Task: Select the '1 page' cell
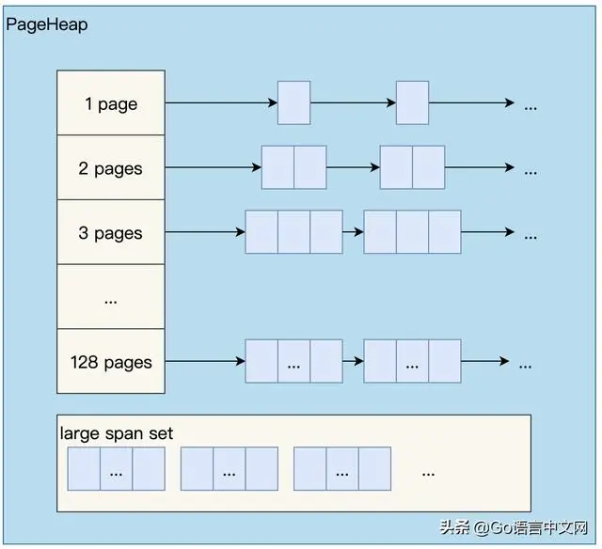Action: [x=111, y=103]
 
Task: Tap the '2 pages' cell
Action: [x=111, y=168]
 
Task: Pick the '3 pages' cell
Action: [x=111, y=233]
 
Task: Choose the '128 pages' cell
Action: [x=111, y=362]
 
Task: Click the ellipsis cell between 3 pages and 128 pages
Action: [x=111, y=298]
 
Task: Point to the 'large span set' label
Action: [x=117, y=433]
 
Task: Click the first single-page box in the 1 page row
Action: [x=293, y=103]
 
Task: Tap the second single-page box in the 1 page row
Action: [x=412, y=103]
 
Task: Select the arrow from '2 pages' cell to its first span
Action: [x=213, y=168]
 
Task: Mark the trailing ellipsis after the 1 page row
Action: [x=531, y=104]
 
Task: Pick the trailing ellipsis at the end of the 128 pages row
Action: [x=525, y=363]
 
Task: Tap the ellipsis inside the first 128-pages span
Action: [x=293, y=362]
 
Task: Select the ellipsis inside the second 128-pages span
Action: [x=412, y=362]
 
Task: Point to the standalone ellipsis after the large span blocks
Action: [x=428, y=472]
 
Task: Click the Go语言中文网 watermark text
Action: [x=531, y=528]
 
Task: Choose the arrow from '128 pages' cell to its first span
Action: [x=205, y=362]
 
